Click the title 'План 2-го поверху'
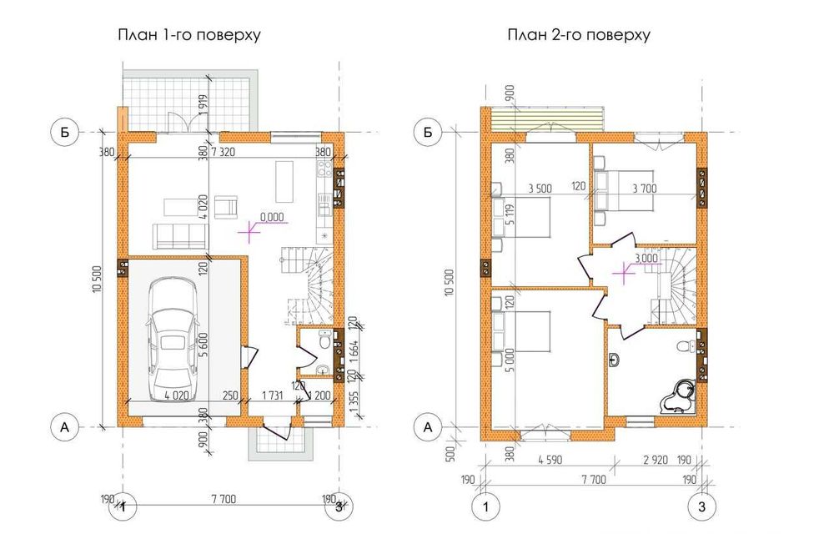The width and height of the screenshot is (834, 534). (578, 36)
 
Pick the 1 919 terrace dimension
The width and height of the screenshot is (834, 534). (202, 104)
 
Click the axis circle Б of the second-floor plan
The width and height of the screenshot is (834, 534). (428, 132)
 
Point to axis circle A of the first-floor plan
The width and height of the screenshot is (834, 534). (63, 427)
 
